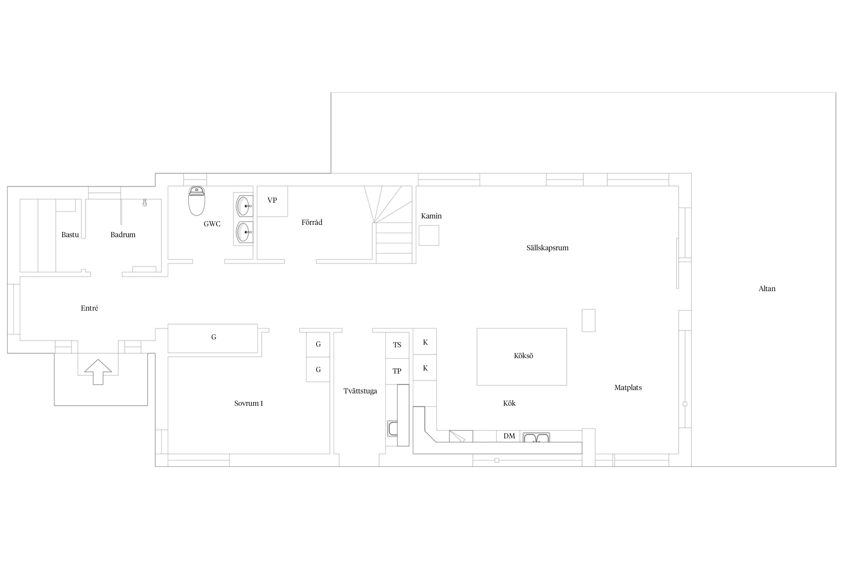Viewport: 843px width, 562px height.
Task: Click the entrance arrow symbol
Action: (98, 372)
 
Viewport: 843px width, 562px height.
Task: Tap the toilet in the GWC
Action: (197, 201)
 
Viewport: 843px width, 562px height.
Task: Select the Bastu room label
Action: (70, 235)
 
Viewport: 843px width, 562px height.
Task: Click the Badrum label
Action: (123, 235)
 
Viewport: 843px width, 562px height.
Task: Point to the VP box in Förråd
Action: (272, 201)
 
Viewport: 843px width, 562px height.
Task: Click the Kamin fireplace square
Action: (429, 235)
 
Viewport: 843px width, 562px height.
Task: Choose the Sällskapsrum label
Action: (547, 248)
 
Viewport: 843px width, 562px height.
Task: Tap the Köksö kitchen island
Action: (522, 357)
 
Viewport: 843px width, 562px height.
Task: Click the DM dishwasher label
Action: (509, 436)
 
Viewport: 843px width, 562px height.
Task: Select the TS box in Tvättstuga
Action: (397, 345)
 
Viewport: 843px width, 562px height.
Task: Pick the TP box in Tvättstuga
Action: (397, 371)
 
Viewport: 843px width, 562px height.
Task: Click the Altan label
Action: (767, 289)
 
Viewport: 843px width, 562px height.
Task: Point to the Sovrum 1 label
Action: (249, 404)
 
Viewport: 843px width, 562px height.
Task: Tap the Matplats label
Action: (628, 388)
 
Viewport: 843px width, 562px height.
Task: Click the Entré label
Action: (90, 308)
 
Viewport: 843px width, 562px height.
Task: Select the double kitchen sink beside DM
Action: (537, 438)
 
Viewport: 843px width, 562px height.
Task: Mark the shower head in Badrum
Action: (145, 203)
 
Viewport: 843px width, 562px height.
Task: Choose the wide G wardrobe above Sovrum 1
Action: (213, 338)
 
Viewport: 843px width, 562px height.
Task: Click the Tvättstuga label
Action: (360, 391)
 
